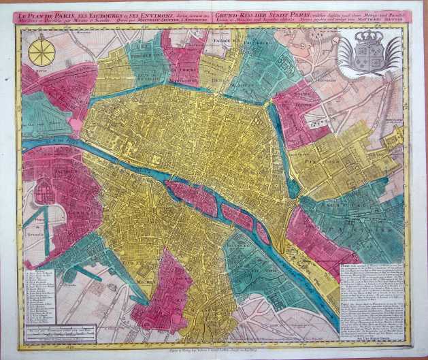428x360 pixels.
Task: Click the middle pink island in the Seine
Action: (236, 217)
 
